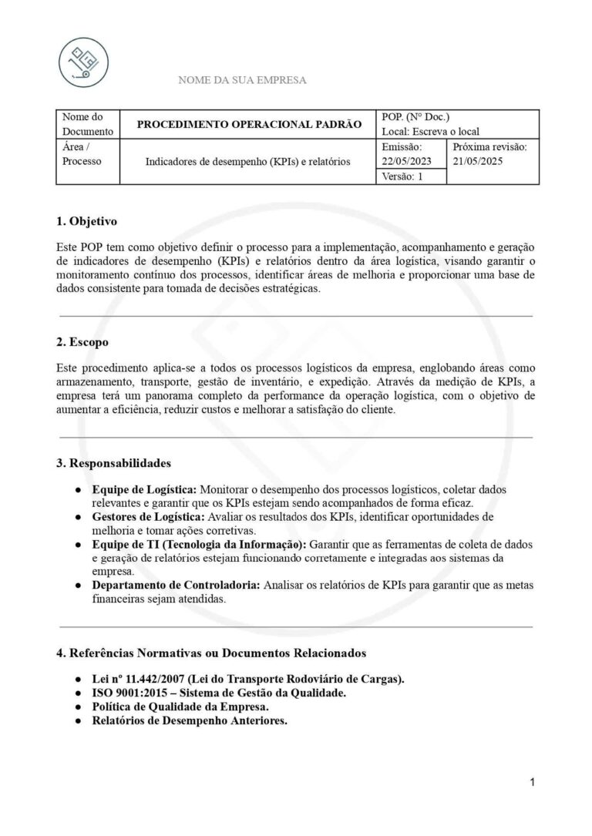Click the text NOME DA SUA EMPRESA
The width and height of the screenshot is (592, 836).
[x=242, y=80]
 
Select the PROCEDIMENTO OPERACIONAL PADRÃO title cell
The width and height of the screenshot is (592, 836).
[x=249, y=124]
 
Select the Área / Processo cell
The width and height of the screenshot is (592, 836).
[x=82, y=153]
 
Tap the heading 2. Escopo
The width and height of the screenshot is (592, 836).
[x=82, y=341]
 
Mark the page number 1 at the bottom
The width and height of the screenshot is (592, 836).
[x=532, y=783]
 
